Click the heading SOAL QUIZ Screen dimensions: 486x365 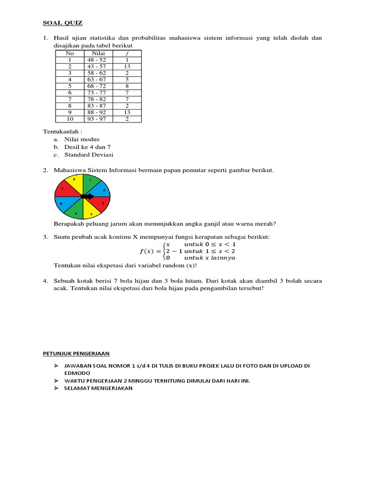coord(62,22)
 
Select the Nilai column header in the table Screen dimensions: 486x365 coord(98,54)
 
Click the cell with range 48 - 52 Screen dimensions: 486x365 coord(97,60)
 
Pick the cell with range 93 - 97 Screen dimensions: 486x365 coord(97,119)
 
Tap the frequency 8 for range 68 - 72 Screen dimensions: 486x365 coord(127,86)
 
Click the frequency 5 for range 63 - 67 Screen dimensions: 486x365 coord(127,80)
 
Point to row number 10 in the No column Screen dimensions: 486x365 coord(69,119)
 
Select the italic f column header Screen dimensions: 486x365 coord(127,54)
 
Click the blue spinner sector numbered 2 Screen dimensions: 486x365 coord(101,189)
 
